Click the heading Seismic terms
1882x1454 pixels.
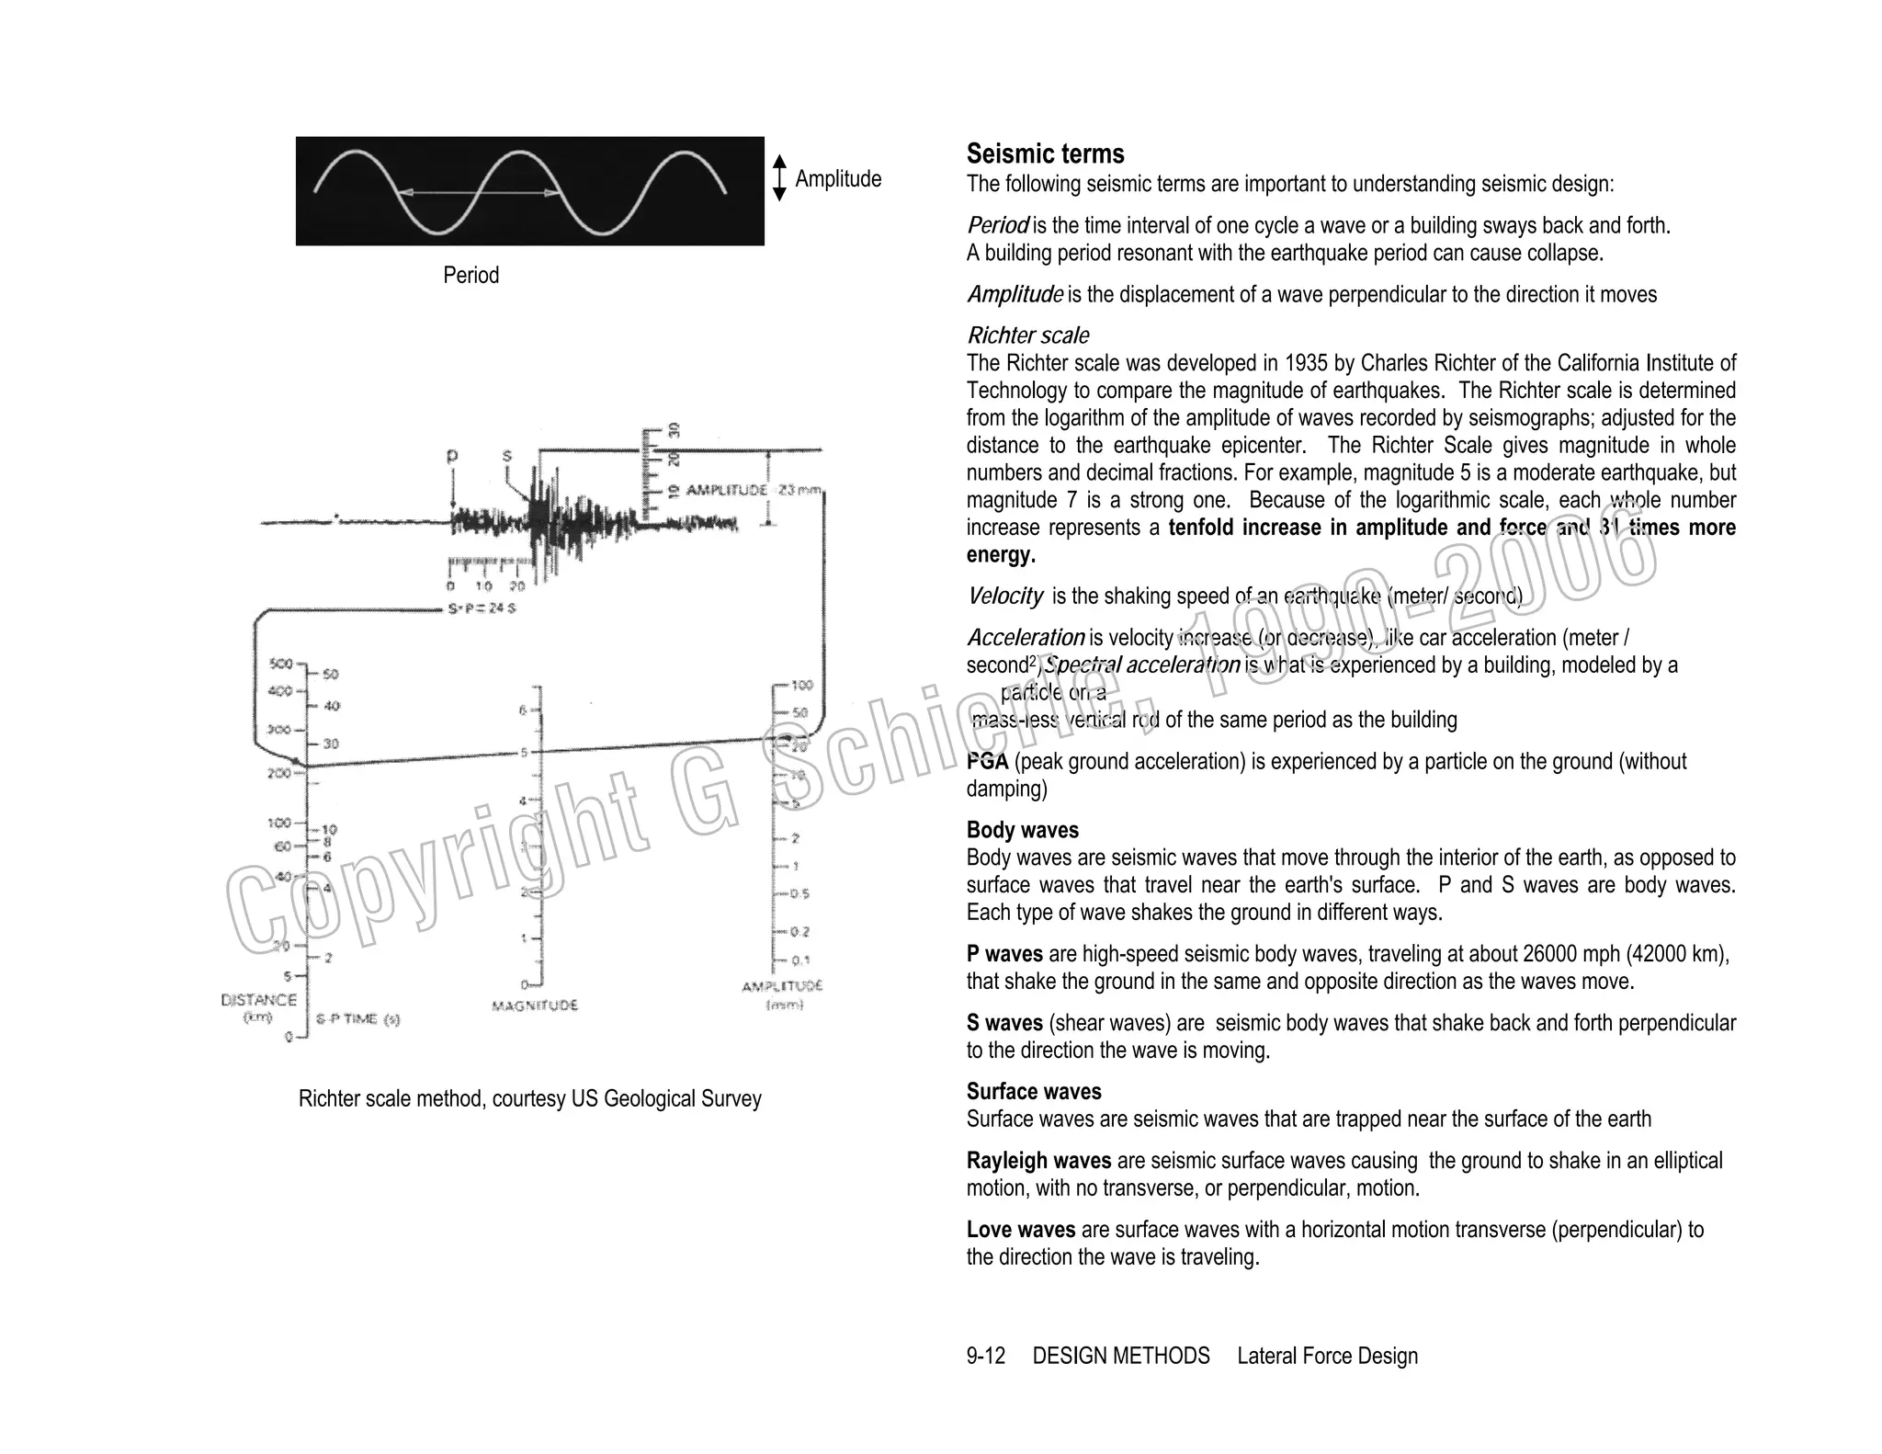point(1045,153)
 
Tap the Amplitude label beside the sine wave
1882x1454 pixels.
point(837,179)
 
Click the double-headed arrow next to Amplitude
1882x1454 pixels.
point(779,178)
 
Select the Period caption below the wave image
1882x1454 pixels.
point(470,275)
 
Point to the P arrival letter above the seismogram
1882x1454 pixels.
point(451,456)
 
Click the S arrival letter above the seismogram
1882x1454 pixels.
point(507,456)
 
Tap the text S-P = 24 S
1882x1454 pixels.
point(482,609)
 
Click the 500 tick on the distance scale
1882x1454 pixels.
point(280,664)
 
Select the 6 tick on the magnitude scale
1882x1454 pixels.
point(523,710)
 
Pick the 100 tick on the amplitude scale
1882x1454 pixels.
point(801,686)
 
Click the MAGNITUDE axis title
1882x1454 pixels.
point(535,1005)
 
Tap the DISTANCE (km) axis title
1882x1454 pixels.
point(259,1007)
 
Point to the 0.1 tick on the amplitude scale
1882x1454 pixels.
point(800,960)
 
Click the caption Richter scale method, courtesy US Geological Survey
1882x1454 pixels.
point(529,1099)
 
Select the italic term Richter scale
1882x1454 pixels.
point(1027,335)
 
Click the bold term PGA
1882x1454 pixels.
point(987,762)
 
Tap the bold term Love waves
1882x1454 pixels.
point(1020,1230)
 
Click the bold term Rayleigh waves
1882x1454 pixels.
point(1038,1161)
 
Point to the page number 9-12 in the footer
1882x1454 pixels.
point(985,1356)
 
